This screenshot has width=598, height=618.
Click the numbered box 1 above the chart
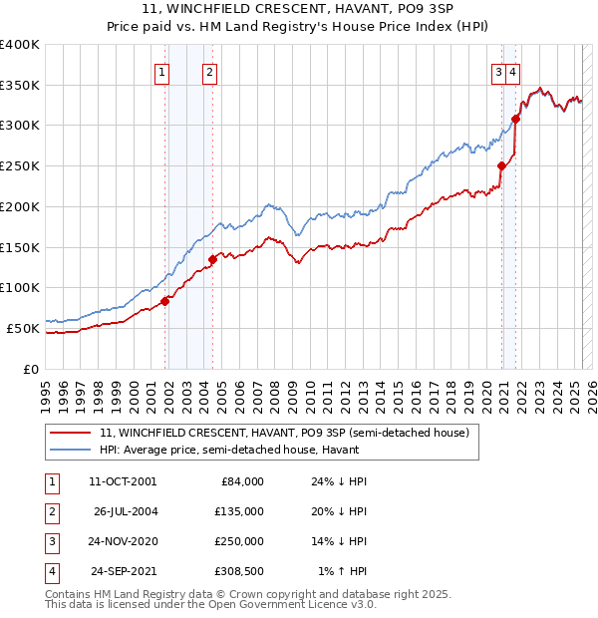pos(161,71)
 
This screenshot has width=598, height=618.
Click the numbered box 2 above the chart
pos(209,71)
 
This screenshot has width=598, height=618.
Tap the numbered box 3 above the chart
pos(497,71)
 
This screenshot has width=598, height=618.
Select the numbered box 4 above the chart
pos(511,71)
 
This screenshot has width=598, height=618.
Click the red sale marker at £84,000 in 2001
pos(164,302)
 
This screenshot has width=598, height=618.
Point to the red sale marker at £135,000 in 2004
pos(212,260)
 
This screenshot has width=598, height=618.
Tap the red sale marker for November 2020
pos(501,166)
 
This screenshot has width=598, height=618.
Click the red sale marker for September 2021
pos(515,119)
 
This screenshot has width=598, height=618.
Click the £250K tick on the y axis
pos(20,166)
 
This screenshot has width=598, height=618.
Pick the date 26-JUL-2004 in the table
pos(126,511)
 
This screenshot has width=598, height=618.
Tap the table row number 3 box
pos(50,541)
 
